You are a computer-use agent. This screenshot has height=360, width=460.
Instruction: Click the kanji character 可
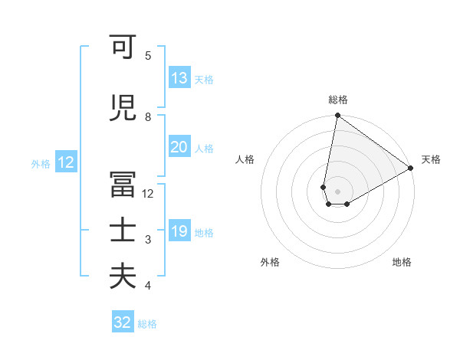pos(123,49)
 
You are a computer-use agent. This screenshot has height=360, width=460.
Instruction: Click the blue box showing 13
pos(179,79)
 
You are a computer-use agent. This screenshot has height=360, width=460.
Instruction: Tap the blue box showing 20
pos(179,148)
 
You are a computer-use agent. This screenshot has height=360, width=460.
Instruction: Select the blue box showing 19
pos(179,232)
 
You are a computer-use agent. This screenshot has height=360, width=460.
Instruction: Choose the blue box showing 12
pos(65,162)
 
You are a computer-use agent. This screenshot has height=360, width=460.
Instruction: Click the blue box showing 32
pos(123,322)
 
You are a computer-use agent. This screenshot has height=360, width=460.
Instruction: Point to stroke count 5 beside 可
pos(148,56)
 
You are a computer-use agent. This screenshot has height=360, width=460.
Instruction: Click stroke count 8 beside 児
pos(148,117)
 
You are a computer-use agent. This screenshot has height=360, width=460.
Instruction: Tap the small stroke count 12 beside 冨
pos(148,194)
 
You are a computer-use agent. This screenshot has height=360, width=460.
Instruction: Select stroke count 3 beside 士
pos(148,240)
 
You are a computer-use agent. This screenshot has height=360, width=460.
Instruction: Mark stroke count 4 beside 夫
pos(148,286)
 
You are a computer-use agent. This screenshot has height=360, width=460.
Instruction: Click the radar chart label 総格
pos(337,100)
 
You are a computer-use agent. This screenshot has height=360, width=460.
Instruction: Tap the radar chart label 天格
pos(431,159)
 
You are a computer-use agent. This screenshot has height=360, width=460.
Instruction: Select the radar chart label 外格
pos(270,263)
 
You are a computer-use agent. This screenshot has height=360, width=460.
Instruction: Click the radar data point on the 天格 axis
pos(411,168)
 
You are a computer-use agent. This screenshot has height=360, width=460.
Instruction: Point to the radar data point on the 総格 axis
pos(337,116)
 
